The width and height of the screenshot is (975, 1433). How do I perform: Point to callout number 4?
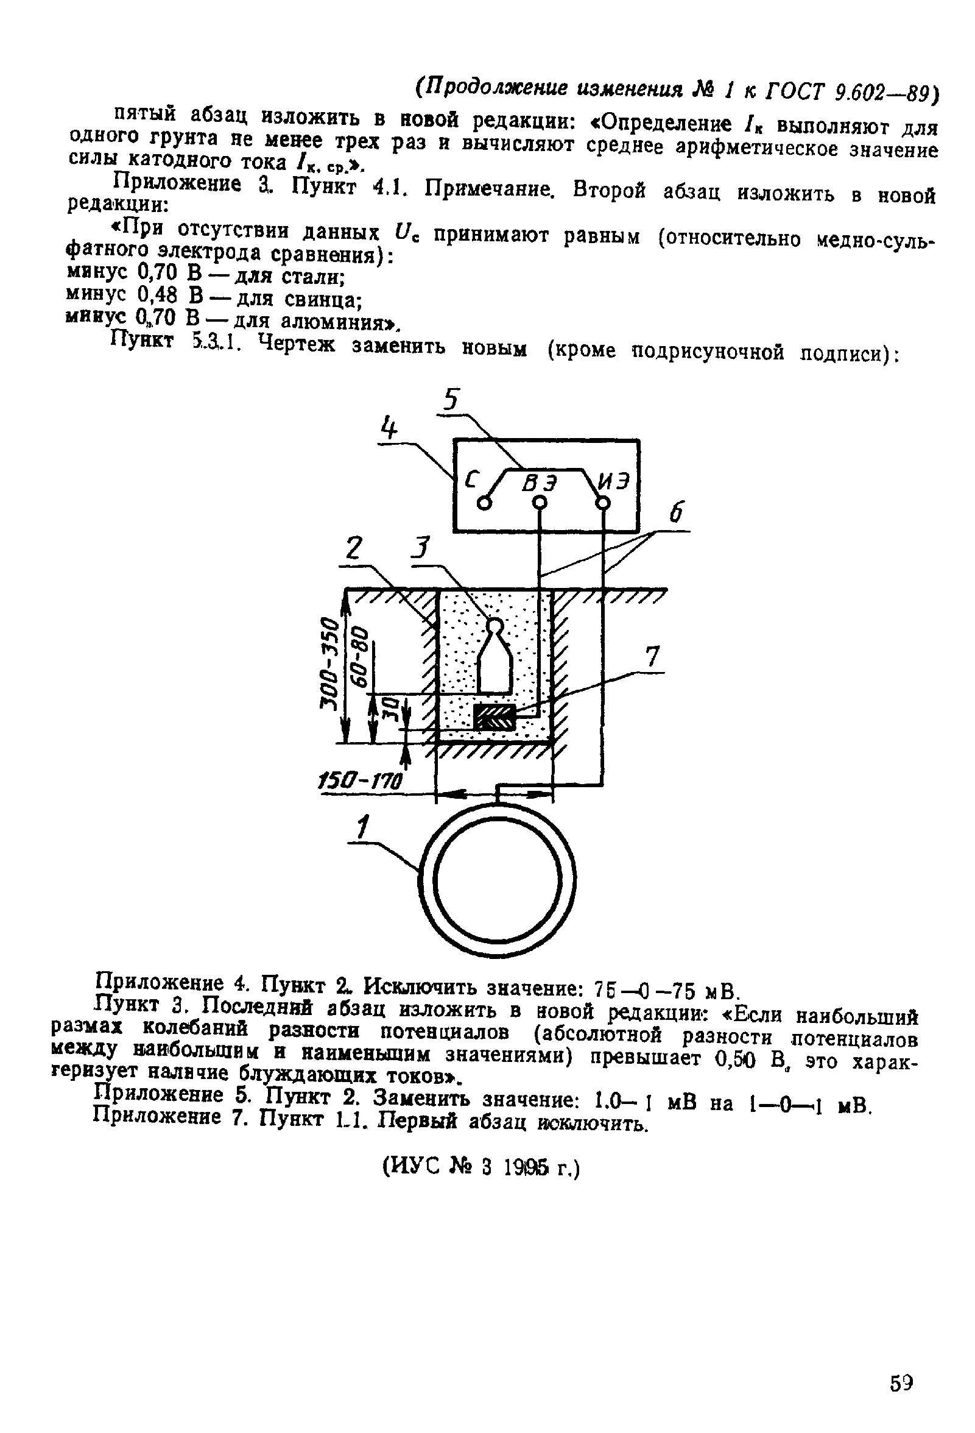[x=388, y=426]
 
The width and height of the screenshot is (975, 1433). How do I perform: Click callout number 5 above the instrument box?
[x=452, y=400]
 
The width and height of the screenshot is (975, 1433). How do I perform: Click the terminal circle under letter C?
[x=485, y=504]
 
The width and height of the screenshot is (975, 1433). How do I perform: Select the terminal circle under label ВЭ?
[x=540, y=503]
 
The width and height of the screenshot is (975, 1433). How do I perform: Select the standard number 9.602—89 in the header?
[x=885, y=92]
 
